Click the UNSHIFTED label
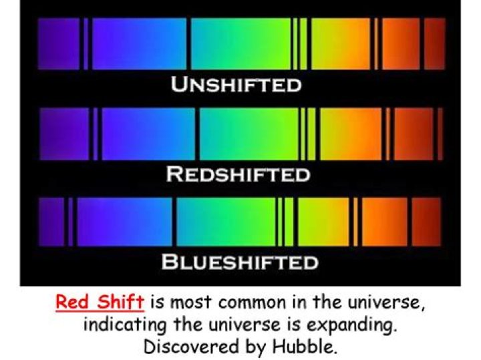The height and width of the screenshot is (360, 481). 236,85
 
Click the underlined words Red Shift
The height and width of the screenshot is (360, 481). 100,302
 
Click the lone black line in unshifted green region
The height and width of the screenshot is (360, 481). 190,43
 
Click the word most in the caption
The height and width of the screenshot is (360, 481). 188,303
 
